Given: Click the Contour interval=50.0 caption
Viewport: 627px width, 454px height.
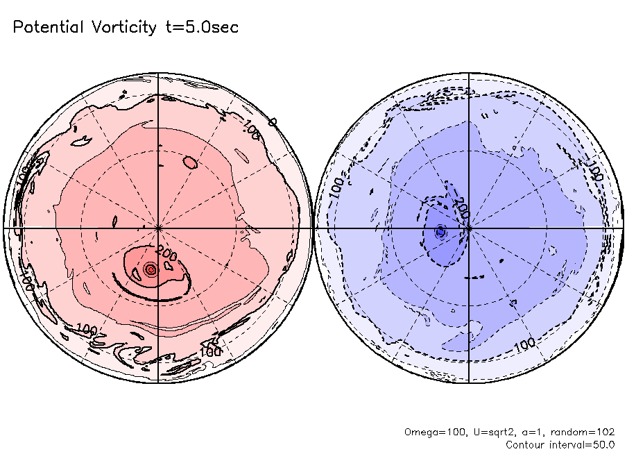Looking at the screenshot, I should point(560,444).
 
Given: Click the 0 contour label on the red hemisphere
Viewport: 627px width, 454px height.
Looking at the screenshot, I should point(273,122).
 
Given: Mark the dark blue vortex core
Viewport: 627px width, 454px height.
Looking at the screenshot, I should point(440,231).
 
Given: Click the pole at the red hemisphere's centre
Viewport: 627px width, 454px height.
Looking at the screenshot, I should point(158,228).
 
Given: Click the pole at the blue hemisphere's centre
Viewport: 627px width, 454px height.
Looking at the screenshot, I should point(470,228).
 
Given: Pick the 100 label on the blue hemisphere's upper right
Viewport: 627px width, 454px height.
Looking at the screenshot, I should point(595,170).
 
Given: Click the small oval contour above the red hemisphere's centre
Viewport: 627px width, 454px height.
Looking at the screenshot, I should point(190,163).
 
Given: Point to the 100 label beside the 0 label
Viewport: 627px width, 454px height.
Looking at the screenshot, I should point(252,132).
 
